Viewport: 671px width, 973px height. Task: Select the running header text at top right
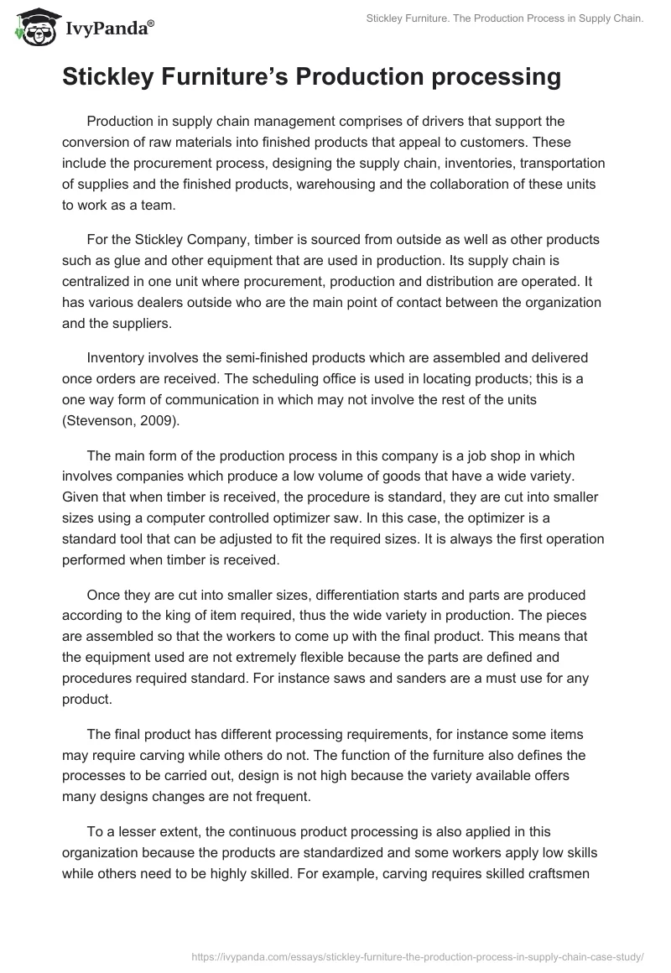(x=499, y=18)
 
